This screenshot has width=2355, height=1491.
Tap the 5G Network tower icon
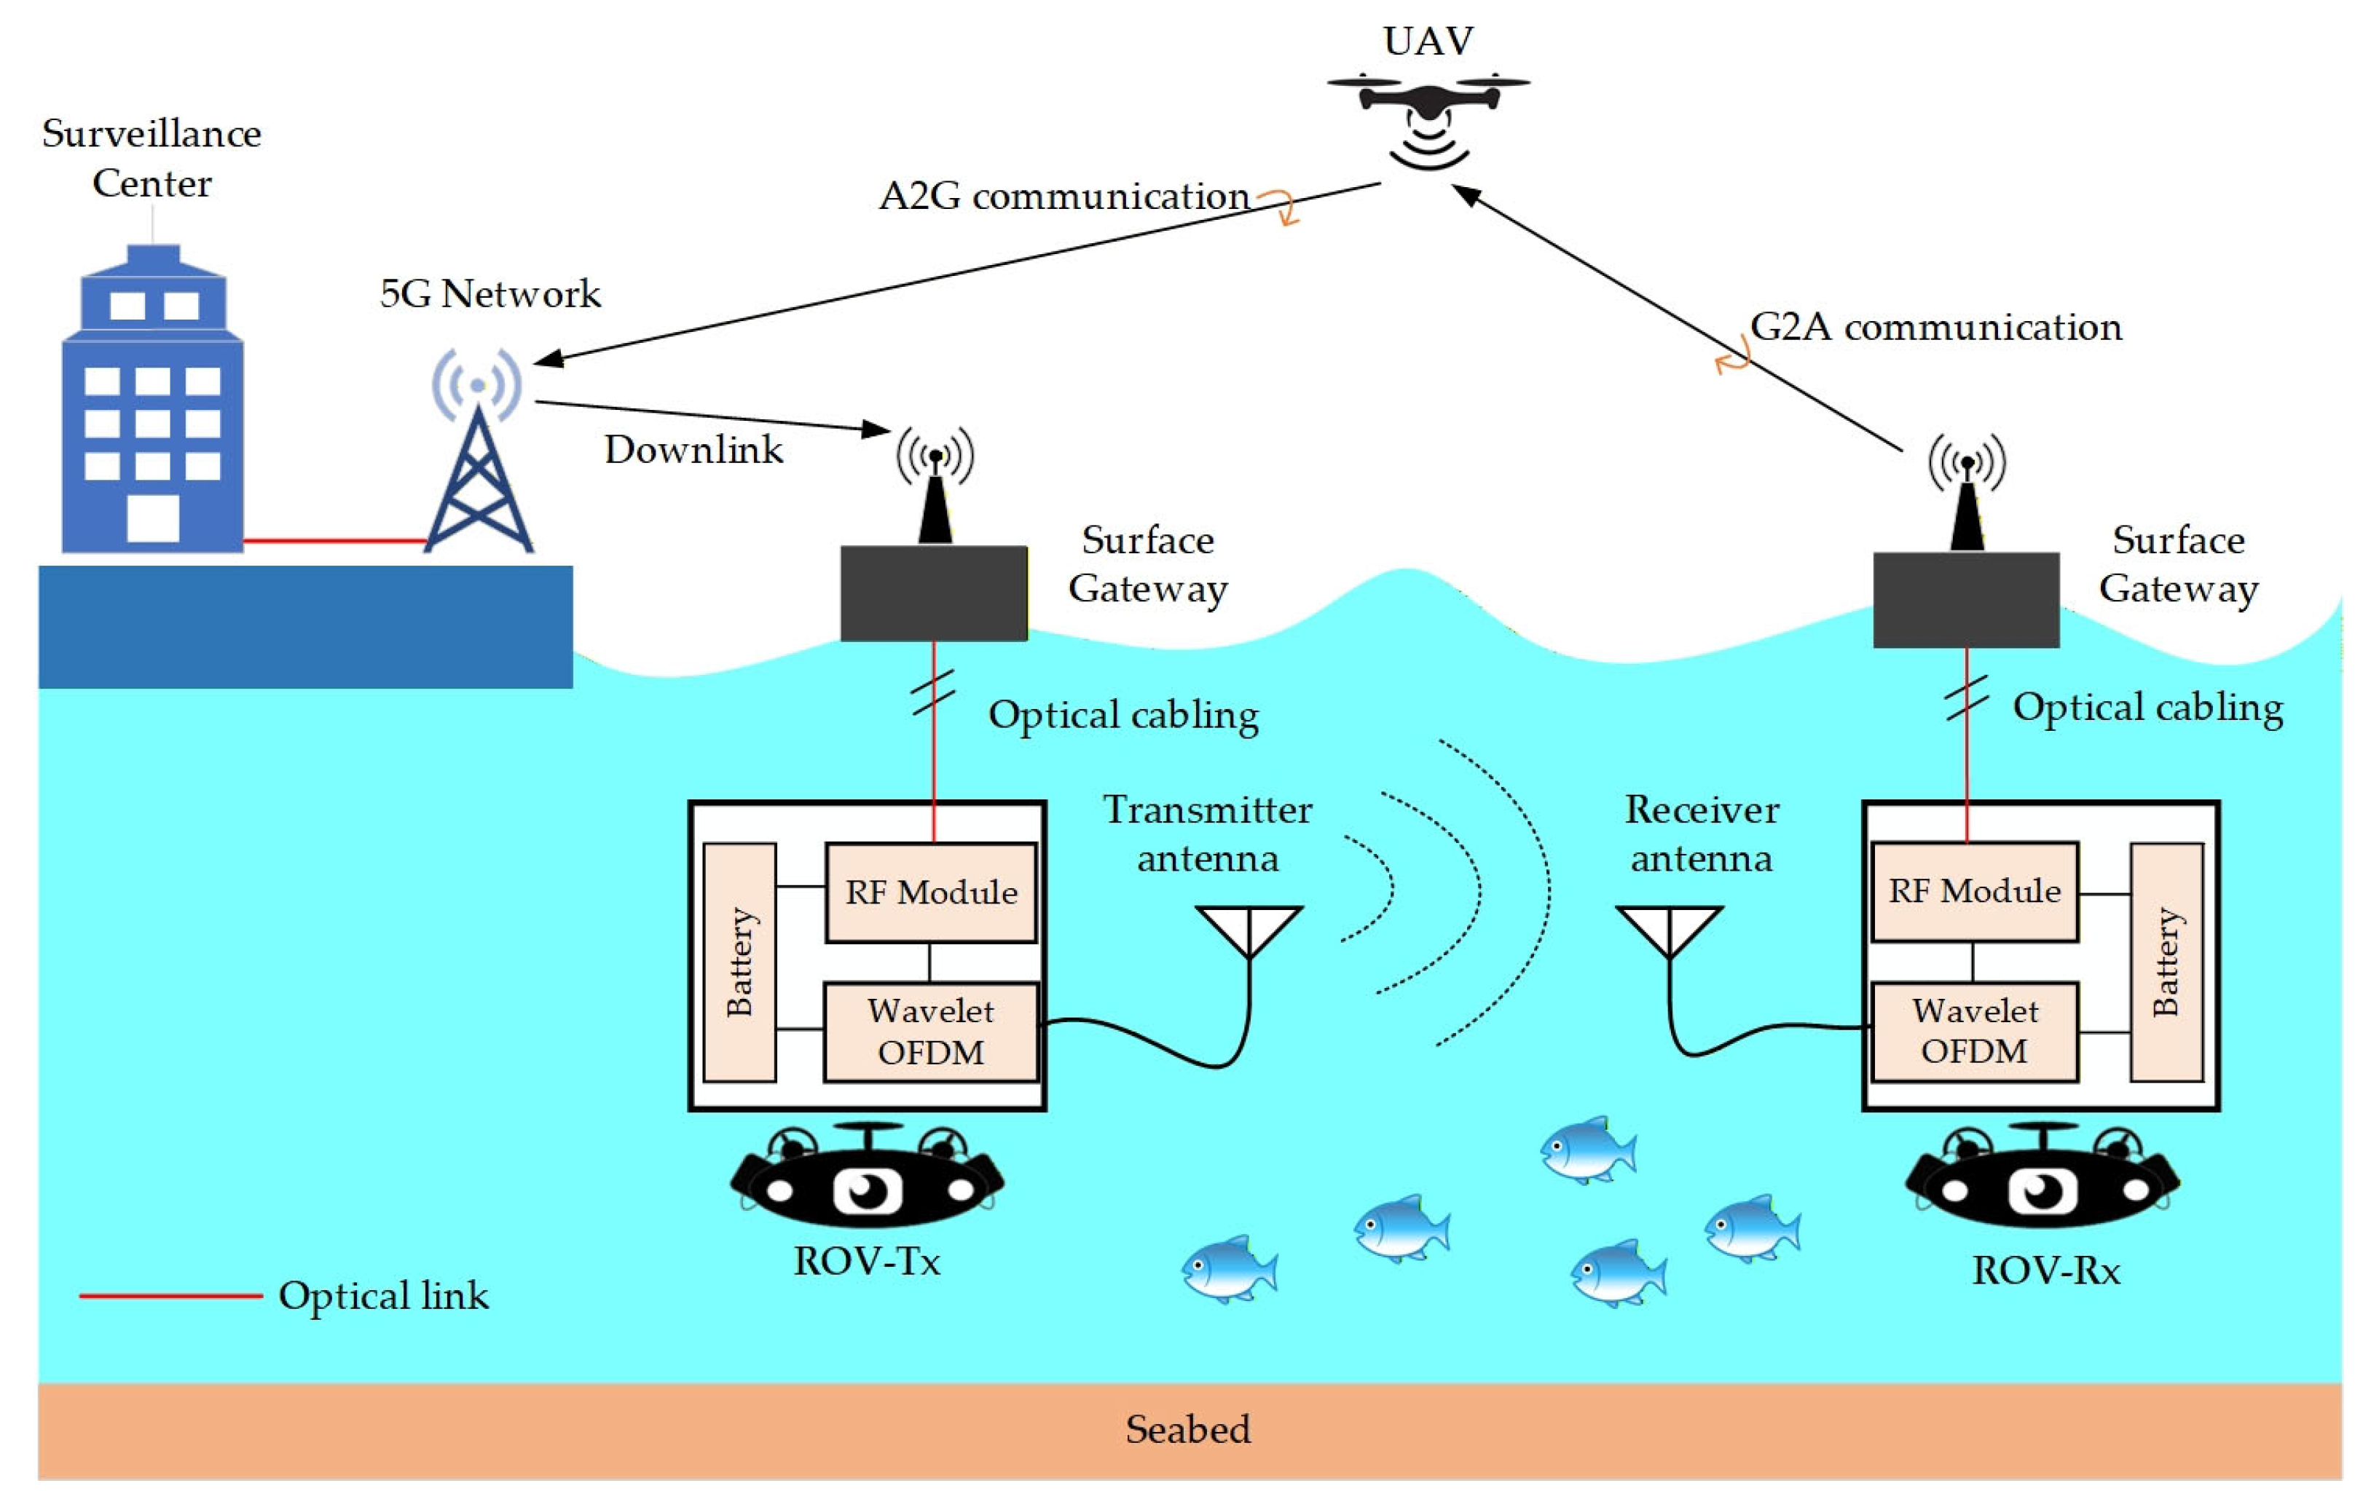pyautogui.click(x=479, y=459)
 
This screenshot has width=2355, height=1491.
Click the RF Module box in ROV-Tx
pyautogui.click(x=930, y=893)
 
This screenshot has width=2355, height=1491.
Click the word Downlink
pyautogui.click(x=693, y=450)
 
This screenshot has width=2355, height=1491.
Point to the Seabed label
pyautogui.click(x=1187, y=1429)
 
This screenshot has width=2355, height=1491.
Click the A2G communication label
pyautogui.click(x=1064, y=197)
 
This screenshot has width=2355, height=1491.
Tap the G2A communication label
pyautogui.click(x=1935, y=328)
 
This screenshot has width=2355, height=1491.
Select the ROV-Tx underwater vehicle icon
pyautogui.click(x=867, y=1178)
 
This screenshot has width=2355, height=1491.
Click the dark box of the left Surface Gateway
pyautogui.click(x=934, y=593)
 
